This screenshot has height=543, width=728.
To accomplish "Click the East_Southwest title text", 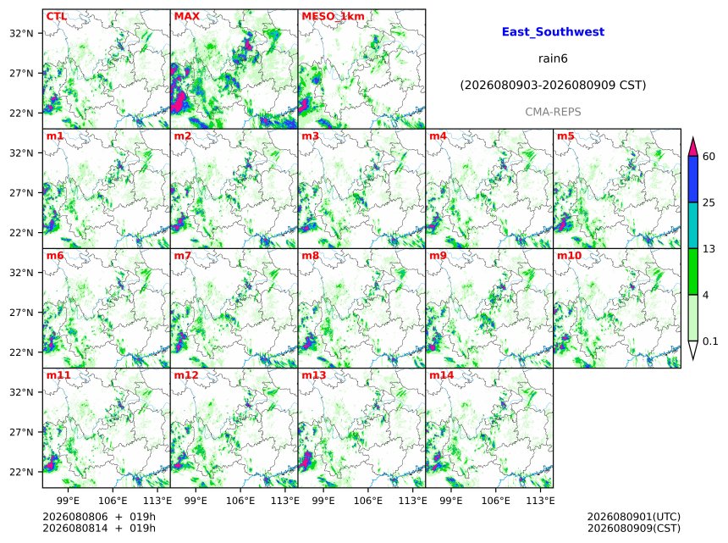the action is pos(553,31).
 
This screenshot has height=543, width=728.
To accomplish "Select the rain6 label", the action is pos(553,58).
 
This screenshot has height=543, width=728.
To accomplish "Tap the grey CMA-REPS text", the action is pos(553,112).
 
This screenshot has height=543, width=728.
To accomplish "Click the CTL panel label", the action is pos(57,16).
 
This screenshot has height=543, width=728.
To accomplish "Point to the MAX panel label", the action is pos(186,16).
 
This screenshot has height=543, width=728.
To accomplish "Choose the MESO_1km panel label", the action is pos(333,16).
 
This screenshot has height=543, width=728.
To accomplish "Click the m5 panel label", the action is pos(565,136).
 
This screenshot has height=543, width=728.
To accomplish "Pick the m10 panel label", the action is pos(569,256).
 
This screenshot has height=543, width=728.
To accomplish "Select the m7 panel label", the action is pos(183,256).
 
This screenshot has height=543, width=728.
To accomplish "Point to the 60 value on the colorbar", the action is pos(709,156).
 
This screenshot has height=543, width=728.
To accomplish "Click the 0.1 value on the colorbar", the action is pos(710,341).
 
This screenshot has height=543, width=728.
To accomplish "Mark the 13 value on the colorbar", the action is pos(709,249).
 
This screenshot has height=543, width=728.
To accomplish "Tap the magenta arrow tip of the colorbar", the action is pos(693,138).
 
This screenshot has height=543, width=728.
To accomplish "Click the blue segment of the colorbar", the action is pos(693,179).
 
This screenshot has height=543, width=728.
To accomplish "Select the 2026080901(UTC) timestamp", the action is pos(634,517).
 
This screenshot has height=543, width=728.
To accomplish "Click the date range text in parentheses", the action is pos(553,85).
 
